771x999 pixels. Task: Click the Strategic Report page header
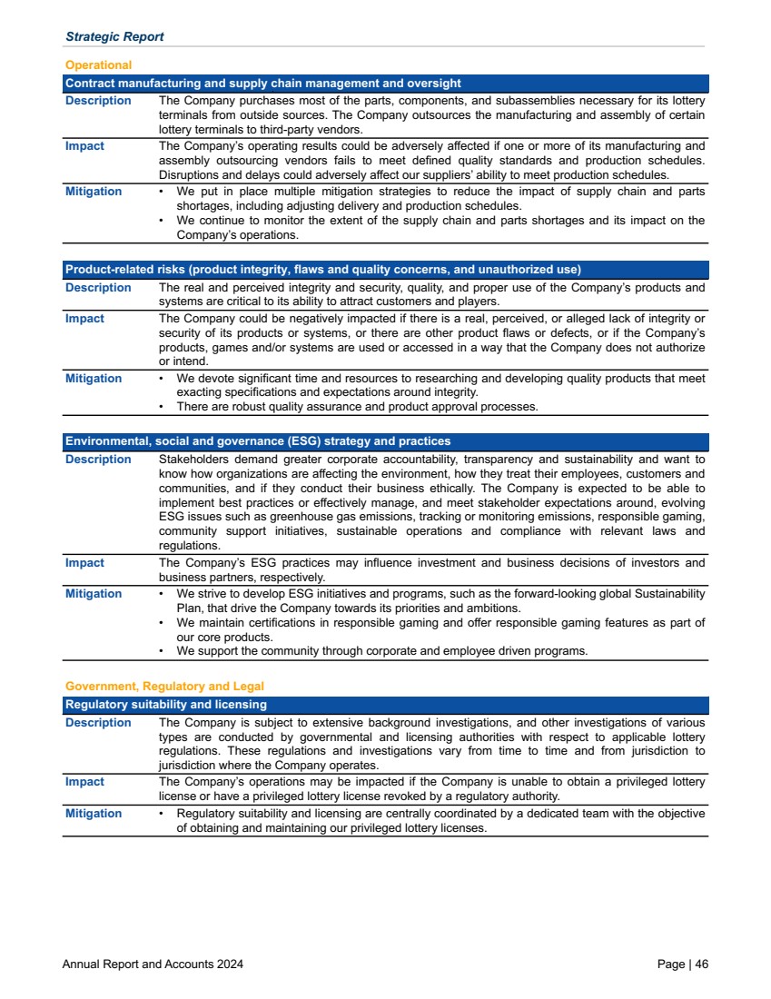[x=114, y=37]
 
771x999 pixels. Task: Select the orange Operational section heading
[x=98, y=65]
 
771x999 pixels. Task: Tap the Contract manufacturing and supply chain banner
[x=263, y=84]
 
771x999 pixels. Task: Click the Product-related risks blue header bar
[x=322, y=270]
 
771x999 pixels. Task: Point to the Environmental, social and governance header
[x=258, y=441]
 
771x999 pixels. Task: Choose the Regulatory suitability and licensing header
[x=166, y=705]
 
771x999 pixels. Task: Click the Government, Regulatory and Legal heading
[x=164, y=687]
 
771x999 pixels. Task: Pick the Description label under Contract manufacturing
[x=98, y=101]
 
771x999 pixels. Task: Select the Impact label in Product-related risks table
[x=84, y=319]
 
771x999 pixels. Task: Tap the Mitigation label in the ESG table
[x=94, y=594]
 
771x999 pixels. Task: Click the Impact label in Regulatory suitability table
[x=84, y=782]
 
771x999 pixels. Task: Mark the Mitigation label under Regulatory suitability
[x=94, y=814]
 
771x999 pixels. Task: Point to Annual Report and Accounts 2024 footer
[x=153, y=964]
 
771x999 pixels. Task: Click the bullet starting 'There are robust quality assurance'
[x=357, y=407]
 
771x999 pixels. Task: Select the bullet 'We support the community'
[x=381, y=651]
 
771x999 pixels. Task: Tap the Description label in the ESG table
[x=98, y=460]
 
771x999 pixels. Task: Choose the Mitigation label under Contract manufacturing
[x=94, y=192]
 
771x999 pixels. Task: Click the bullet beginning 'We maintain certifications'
[x=440, y=623]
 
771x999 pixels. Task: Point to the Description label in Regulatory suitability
[x=98, y=723]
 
